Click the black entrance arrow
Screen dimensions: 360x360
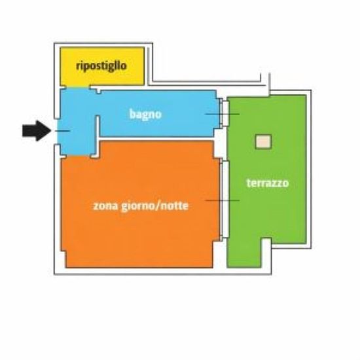pos(37,131)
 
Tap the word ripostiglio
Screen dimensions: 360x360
pos(101,66)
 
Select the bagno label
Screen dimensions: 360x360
pos(145,114)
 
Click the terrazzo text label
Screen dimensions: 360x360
pos(268,183)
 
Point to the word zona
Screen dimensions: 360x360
pos(105,206)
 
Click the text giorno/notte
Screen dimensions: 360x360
pos(154,206)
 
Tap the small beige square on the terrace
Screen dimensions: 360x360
pos(263,142)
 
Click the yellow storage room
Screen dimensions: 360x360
pos(102,66)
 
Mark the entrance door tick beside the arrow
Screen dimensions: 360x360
pos(62,131)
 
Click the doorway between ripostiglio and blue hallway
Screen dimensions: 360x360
pos(78,87)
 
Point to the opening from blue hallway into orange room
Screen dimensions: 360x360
pos(78,156)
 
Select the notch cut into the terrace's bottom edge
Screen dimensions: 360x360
pos(266,253)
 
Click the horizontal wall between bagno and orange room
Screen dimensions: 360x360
pos(156,139)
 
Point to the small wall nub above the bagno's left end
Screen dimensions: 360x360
pos(98,91)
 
